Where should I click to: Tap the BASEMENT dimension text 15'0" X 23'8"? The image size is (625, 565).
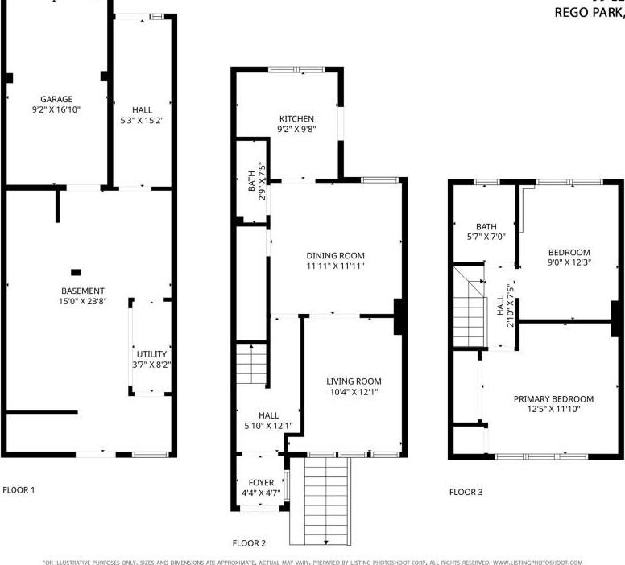pyautogui.click(x=84, y=303)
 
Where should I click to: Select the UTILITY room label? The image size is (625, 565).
pyautogui.click(x=151, y=354)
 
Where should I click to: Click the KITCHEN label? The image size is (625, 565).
pyautogui.click(x=296, y=119)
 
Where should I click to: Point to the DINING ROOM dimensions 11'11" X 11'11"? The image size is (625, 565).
pyautogui.click(x=336, y=266)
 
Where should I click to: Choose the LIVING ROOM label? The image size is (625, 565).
pyautogui.click(x=354, y=381)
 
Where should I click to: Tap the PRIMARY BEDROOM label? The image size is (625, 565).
pyautogui.click(x=553, y=398)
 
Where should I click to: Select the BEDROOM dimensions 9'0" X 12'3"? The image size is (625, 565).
pyautogui.click(x=569, y=262)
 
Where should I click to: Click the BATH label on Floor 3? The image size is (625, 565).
pyautogui.click(x=486, y=227)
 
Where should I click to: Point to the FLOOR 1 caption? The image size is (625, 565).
pyautogui.click(x=19, y=489)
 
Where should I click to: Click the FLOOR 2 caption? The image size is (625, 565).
pyautogui.click(x=248, y=543)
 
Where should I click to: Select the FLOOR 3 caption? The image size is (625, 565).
pyautogui.click(x=466, y=492)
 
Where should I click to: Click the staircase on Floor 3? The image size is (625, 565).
pyautogui.click(x=470, y=310)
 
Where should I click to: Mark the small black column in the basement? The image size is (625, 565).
pyautogui.click(x=76, y=272)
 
